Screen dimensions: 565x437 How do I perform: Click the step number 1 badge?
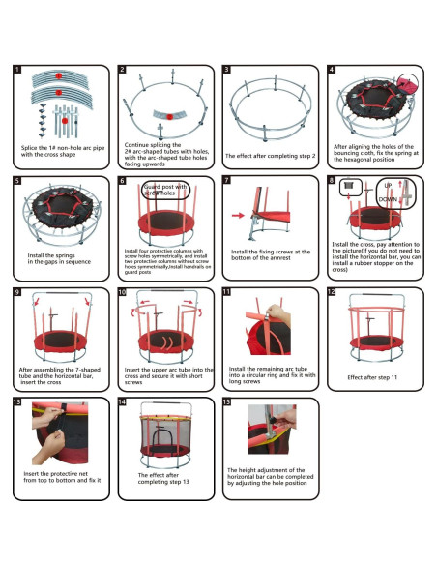pos(17,71)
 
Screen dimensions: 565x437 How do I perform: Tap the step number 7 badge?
pos(226,180)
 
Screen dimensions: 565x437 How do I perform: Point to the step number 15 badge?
pos(226,401)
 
